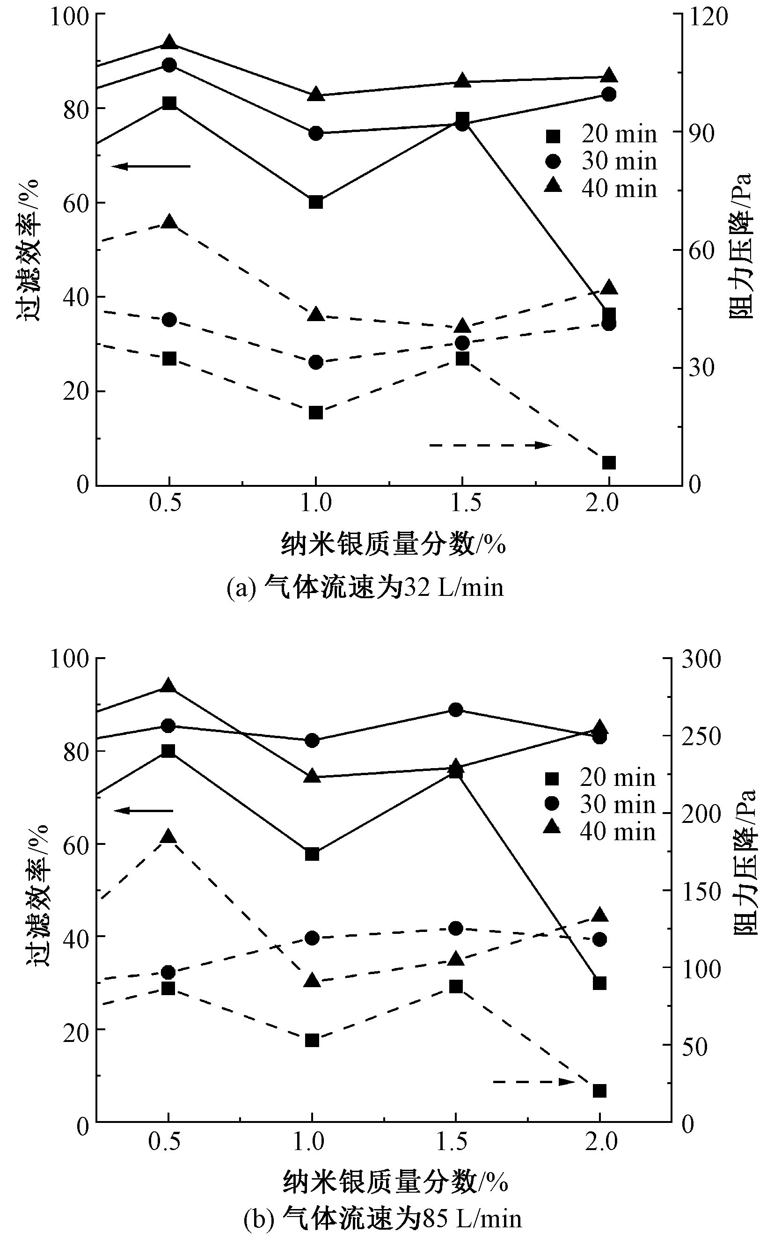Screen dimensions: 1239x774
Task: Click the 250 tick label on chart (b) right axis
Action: pos(701,736)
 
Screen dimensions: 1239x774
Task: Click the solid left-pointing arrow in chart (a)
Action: pos(151,166)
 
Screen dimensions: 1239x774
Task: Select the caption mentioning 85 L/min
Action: pos(382,1219)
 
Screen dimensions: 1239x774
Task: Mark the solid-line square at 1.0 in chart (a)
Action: pos(316,202)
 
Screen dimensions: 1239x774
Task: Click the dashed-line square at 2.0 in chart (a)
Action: pos(609,463)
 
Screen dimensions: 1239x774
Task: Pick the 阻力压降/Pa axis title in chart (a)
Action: pos(740,246)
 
